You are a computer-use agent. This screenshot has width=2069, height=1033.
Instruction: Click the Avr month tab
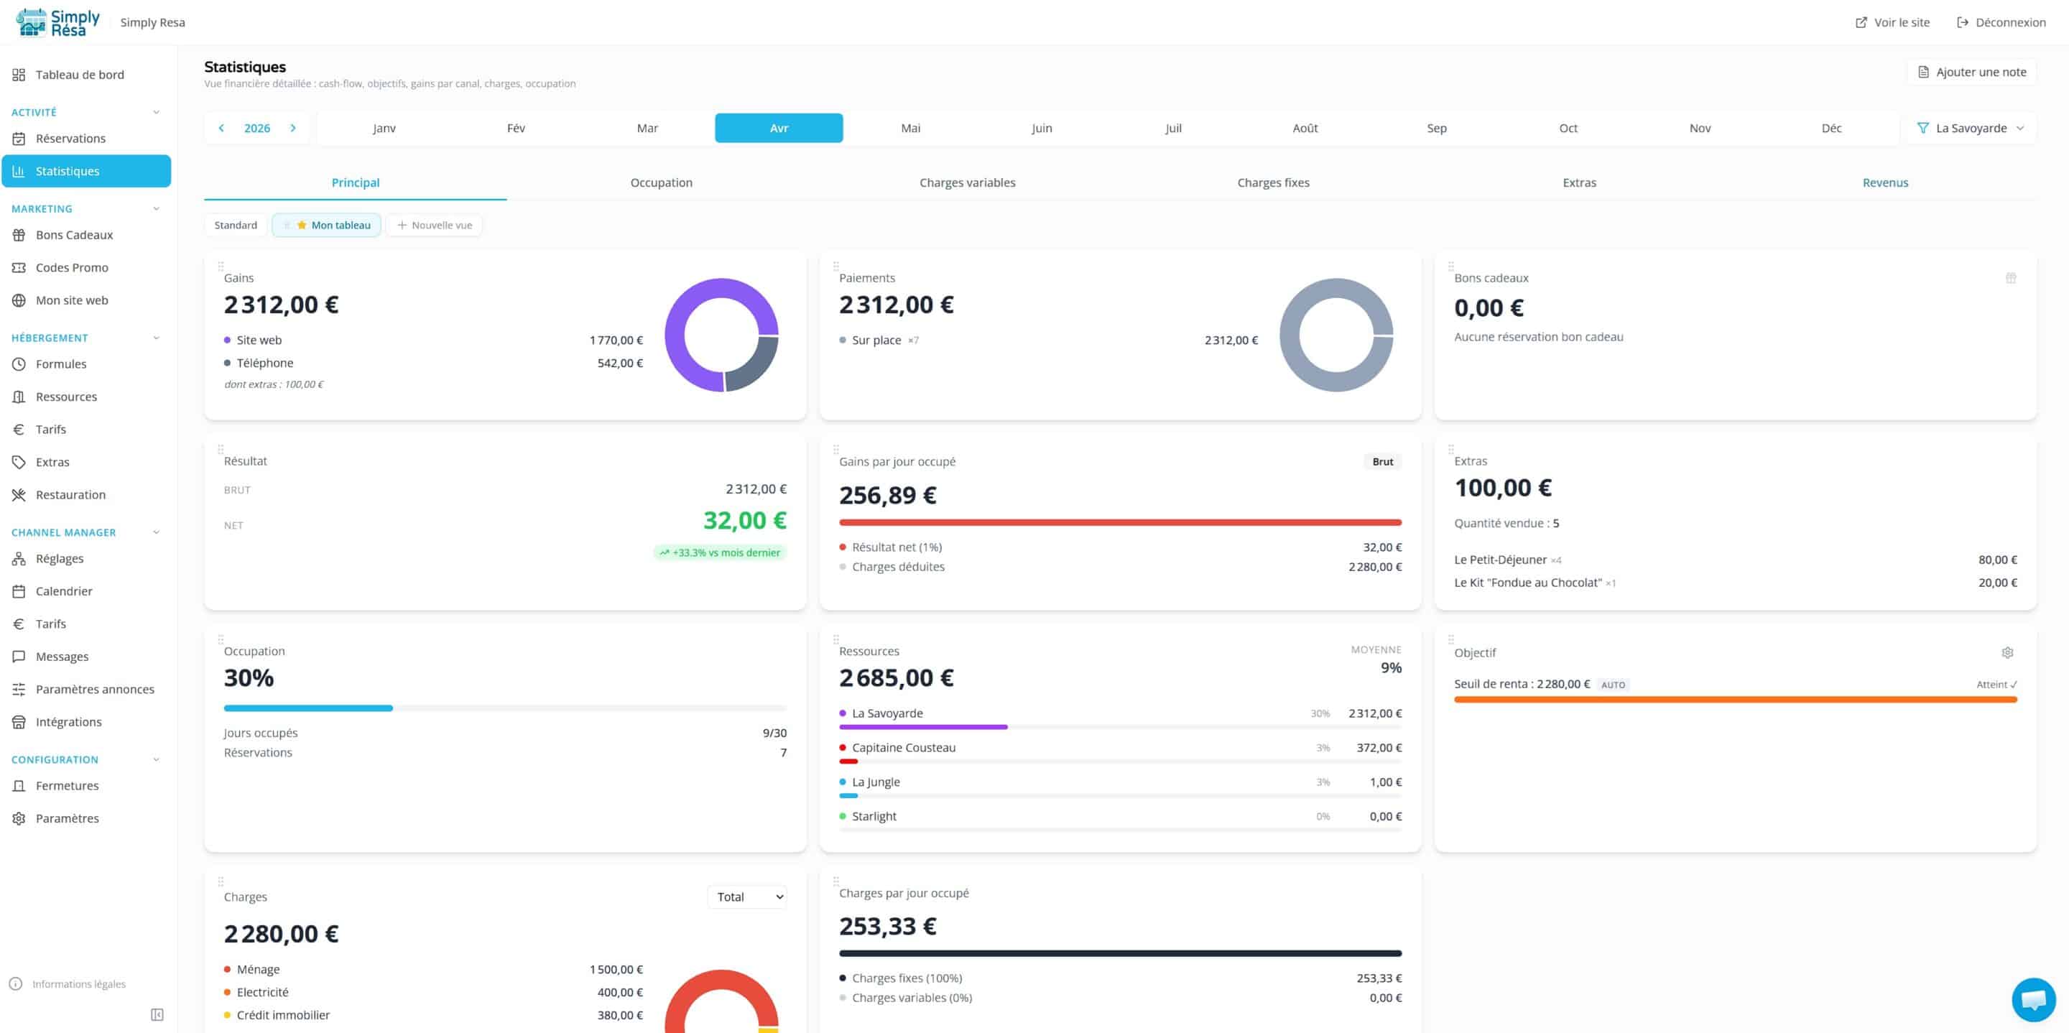click(778, 128)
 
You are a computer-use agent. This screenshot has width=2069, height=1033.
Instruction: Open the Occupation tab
click(661, 182)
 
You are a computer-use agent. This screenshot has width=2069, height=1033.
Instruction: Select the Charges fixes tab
click(1273, 182)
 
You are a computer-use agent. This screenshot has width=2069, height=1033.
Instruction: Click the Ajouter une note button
click(1972, 73)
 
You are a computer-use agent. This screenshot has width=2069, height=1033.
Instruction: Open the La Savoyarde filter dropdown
click(1970, 128)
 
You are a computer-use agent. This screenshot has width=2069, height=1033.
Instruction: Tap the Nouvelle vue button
click(435, 225)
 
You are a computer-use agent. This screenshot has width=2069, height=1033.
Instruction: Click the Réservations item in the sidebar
click(70, 138)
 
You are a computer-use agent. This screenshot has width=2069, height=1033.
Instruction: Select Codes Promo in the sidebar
click(72, 267)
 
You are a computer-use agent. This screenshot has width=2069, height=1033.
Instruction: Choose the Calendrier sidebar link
click(63, 591)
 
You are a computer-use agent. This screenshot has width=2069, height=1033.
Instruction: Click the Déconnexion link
click(2001, 22)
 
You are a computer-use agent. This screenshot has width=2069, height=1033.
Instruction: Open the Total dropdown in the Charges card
click(747, 897)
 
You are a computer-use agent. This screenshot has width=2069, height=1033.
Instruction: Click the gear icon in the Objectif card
click(2007, 652)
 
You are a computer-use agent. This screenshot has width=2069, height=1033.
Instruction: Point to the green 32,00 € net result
click(744, 521)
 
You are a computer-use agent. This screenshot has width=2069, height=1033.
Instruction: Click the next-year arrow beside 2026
click(293, 128)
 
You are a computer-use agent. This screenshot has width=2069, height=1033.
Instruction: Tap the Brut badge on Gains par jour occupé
click(1382, 462)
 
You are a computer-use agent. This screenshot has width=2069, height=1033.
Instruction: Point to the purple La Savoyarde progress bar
click(923, 727)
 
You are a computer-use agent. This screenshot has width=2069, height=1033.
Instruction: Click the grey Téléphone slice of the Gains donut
click(755, 366)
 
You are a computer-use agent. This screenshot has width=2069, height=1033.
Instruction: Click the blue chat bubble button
click(2033, 999)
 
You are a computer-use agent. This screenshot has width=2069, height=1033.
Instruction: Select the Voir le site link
click(1892, 22)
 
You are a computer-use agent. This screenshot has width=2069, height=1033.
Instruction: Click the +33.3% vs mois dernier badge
click(720, 552)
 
